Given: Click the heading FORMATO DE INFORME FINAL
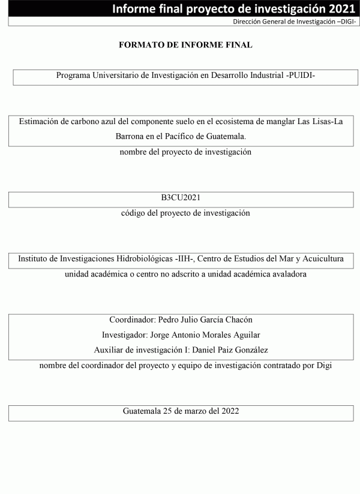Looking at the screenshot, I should pyautogui.click(x=185, y=45).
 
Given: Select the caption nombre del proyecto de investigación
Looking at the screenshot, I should pyautogui.click(x=185, y=152).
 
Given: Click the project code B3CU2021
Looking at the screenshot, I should pyautogui.click(x=181, y=198).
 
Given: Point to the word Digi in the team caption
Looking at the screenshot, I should pyautogui.click(x=323, y=365).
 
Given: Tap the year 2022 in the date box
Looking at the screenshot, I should pyautogui.click(x=229, y=411).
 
